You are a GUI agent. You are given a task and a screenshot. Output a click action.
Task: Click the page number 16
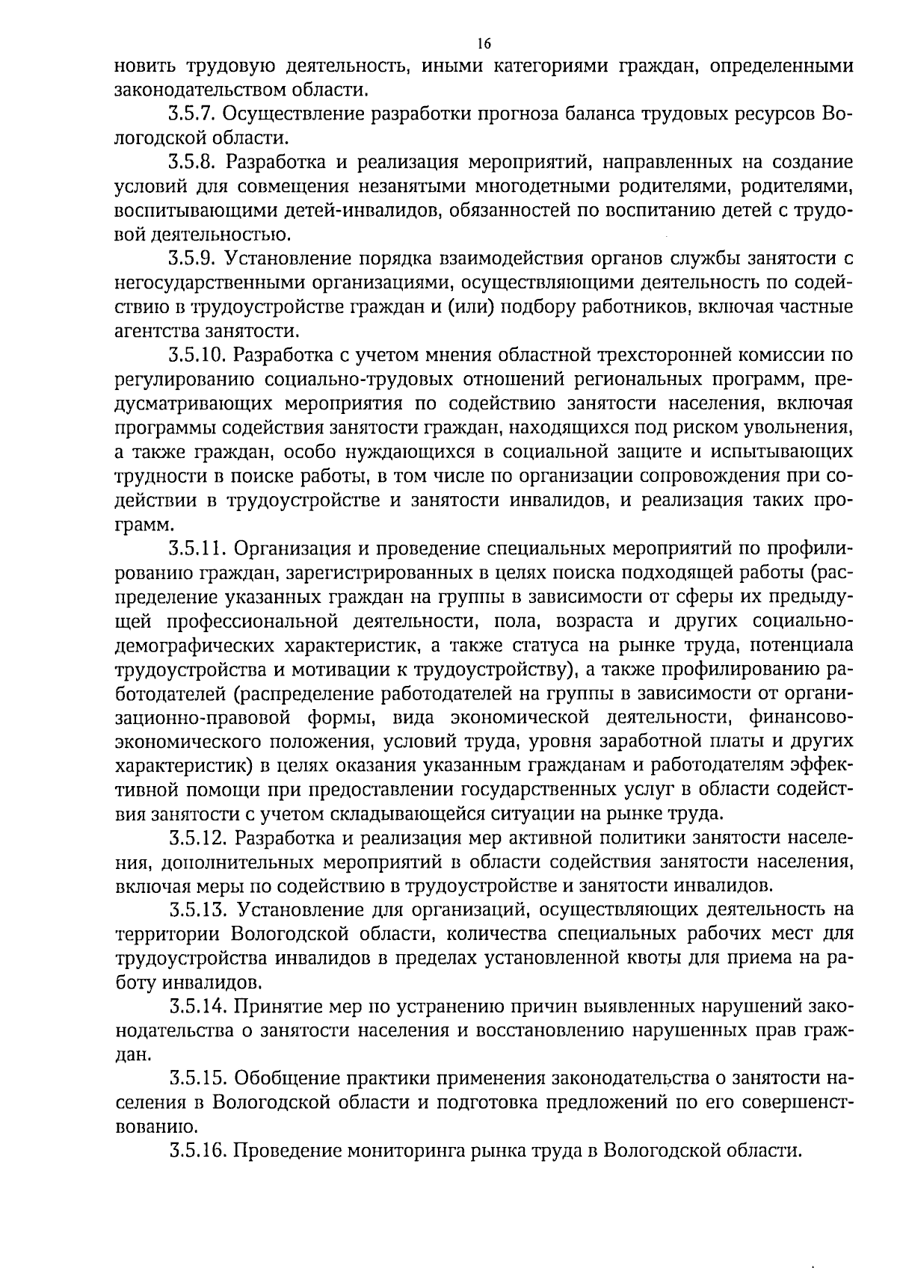484,44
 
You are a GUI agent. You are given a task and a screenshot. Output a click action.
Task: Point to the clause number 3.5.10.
197,355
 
